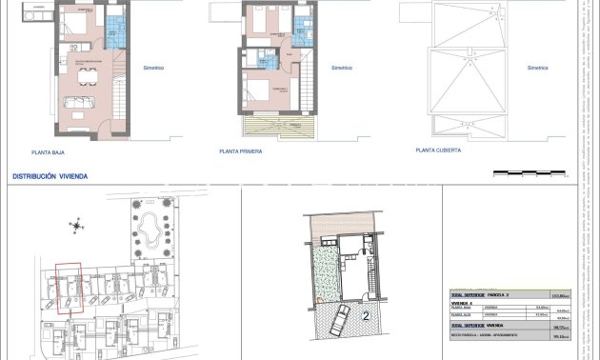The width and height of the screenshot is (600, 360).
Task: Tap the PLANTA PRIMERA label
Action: click(240, 151)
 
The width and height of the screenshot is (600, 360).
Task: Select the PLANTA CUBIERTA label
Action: click(438, 150)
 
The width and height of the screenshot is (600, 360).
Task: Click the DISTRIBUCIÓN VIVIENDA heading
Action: click(50, 176)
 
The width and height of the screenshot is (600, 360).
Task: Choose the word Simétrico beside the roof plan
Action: click(538, 69)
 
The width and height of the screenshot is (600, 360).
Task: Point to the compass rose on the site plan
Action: click(75, 227)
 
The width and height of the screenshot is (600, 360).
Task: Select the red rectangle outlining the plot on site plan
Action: click(68, 288)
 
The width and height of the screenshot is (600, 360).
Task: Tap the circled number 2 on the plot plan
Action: click(366, 315)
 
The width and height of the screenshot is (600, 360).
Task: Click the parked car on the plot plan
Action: click(337, 322)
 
